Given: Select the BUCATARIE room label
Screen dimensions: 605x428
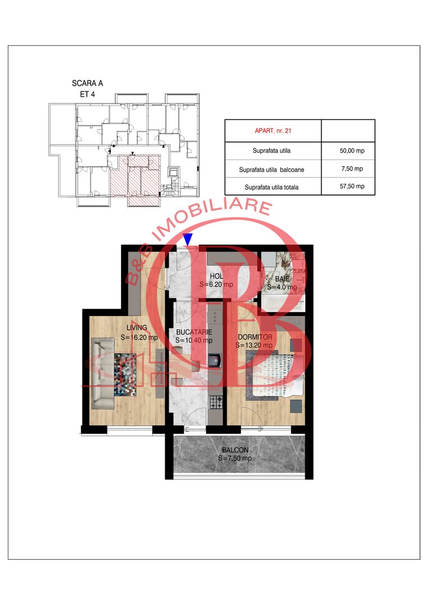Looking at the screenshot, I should [x=194, y=331].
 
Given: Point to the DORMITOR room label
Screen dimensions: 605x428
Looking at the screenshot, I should [x=255, y=337].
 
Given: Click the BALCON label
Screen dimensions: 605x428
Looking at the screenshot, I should [x=235, y=450].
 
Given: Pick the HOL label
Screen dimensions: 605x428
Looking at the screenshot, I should [x=217, y=276].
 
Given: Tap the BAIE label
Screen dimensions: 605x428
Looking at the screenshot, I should [x=282, y=279].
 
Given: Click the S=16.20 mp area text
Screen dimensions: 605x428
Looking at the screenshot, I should [x=139, y=337].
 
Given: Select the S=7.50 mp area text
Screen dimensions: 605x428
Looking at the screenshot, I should [x=235, y=458].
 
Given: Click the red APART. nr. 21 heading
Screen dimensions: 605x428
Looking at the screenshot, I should [x=272, y=131].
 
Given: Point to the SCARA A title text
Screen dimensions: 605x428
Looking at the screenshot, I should [x=87, y=83].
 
